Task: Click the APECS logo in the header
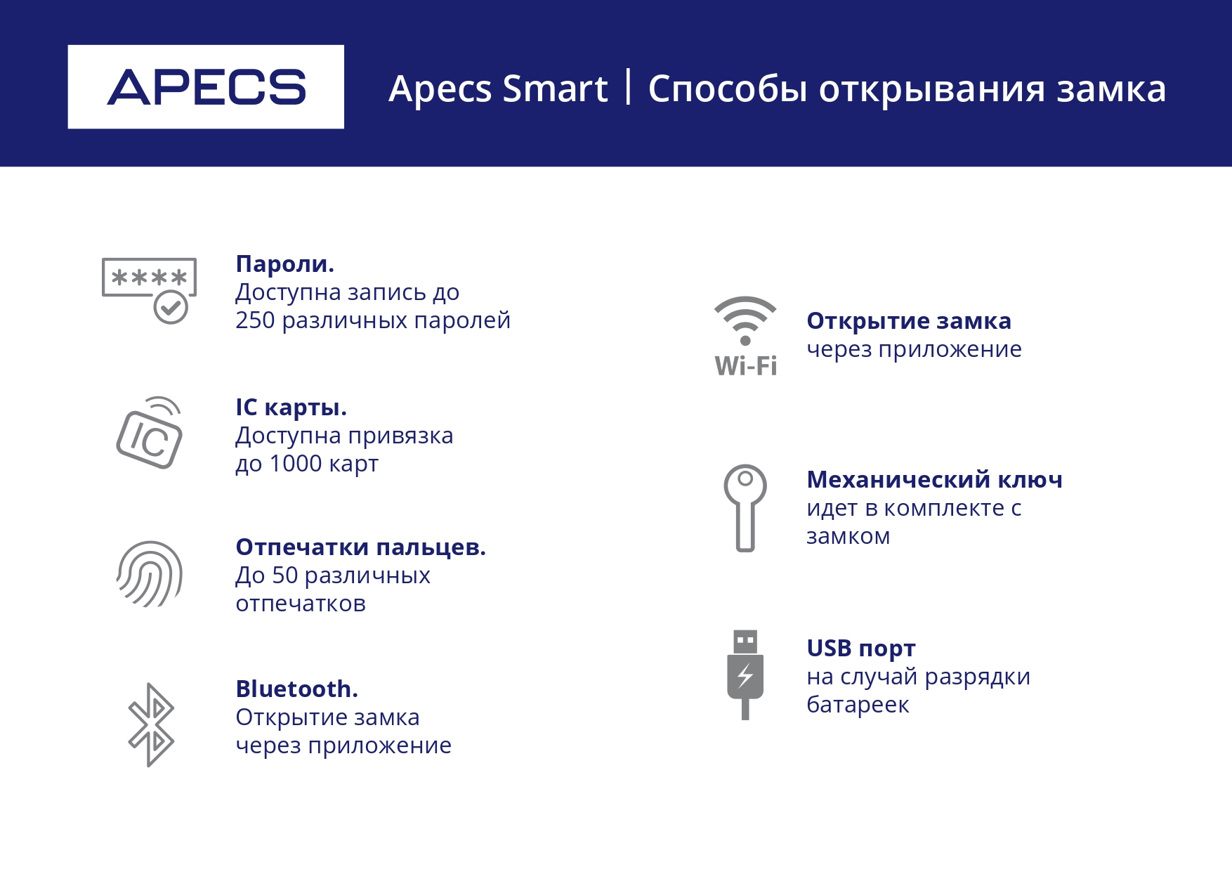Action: [x=206, y=87]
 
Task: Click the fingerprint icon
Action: [x=150, y=574]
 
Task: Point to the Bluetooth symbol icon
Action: [x=151, y=725]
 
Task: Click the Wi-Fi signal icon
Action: [x=745, y=337]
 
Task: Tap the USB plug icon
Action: [x=745, y=675]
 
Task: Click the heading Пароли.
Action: [x=284, y=264]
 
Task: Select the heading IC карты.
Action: [x=291, y=408]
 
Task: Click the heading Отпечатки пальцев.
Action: [x=360, y=547]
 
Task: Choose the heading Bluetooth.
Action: [x=296, y=689]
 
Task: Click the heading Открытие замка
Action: [x=909, y=320]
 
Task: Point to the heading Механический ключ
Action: [x=934, y=479]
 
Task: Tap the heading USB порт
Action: [x=861, y=648]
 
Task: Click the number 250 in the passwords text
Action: [x=255, y=320]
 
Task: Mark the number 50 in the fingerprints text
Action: [x=285, y=575]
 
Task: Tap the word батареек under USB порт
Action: [x=858, y=704]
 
